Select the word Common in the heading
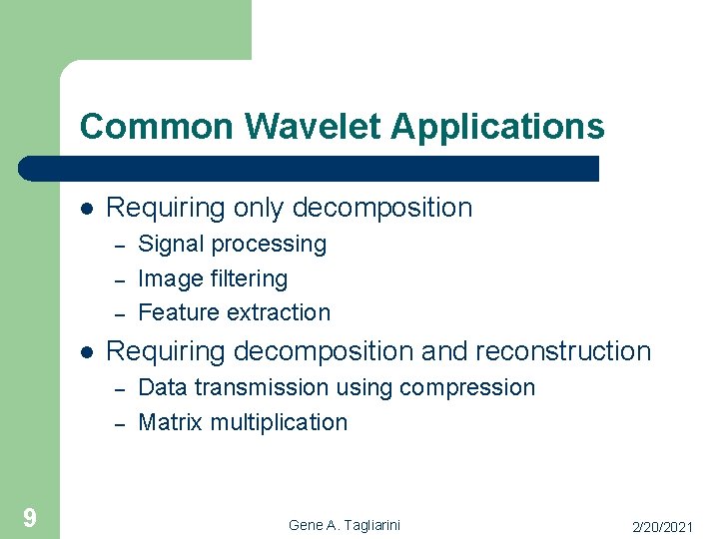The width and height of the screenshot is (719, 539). coord(158,127)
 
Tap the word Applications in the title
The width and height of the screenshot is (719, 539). coord(497,128)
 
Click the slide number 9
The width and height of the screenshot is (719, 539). coord(30,517)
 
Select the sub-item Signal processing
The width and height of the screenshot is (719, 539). coord(232,245)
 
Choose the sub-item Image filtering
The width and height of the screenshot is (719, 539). coord(212,278)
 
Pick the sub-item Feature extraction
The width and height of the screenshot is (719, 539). coord(234,312)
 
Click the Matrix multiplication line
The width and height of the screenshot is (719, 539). coord(243,422)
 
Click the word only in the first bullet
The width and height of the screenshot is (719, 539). coord(260,209)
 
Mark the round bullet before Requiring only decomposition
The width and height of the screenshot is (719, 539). coord(87,209)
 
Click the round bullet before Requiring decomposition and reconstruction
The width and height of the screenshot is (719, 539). coord(87,352)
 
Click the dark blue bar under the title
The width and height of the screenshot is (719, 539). coord(310,168)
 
